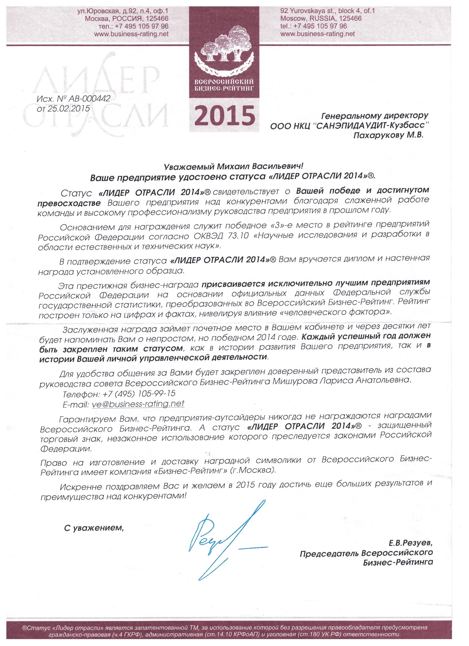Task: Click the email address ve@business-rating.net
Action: (x=138, y=404)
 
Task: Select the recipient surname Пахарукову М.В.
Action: (x=388, y=136)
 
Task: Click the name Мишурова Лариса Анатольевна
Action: (x=342, y=380)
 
